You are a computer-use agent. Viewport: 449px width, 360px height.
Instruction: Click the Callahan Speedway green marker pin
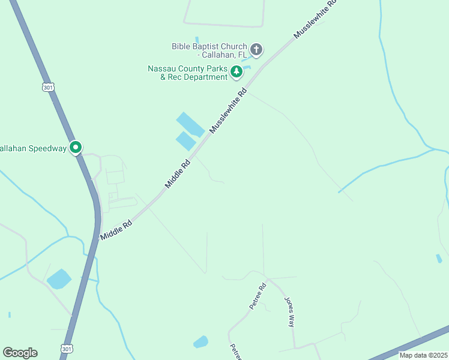coord(76,147)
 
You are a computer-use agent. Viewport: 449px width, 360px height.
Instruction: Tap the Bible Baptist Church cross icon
coord(256,49)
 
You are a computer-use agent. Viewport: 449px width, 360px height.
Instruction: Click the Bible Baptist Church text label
coord(209,50)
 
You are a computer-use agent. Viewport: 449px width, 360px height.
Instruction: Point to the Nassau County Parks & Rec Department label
coord(188,73)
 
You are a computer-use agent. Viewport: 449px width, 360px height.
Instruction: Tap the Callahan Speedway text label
coord(32,148)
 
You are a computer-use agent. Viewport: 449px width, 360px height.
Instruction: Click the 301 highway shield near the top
coord(48,87)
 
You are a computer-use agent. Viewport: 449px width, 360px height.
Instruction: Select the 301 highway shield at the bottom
coord(65,349)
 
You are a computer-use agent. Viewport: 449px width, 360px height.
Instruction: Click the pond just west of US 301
coord(59,278)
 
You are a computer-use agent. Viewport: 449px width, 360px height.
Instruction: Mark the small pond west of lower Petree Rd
coord(200,342)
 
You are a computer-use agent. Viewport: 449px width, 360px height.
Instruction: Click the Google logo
coord(20,353)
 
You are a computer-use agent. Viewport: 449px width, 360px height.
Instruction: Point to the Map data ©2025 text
coord(423,355)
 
